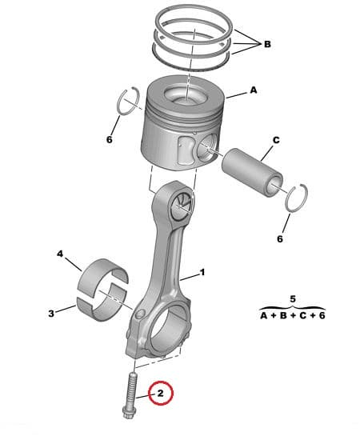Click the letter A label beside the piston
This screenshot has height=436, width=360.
(254, 91)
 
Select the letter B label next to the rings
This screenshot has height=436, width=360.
(266, 44)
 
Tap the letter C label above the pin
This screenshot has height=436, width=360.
(275, 140)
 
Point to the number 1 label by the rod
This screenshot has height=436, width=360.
(202, 273)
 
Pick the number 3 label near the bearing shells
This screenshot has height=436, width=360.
(51, 314)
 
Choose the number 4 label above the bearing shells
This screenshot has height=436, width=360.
(59, 254)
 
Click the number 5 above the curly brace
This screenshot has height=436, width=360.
(292, 298)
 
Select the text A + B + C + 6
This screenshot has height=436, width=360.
(292, 315)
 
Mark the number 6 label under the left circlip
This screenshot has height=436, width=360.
(110, 139)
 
